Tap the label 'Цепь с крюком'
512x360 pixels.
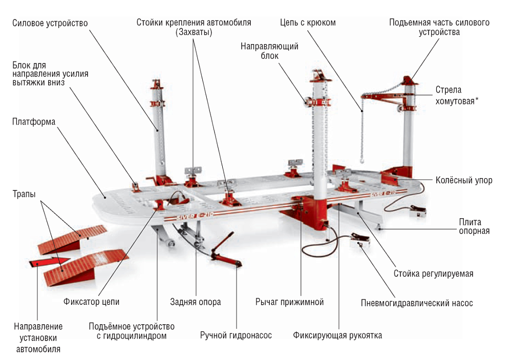click(x=308, y=23)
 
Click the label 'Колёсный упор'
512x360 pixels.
click(x=464, y=180)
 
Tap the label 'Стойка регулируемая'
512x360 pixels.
click(x=433, y=273)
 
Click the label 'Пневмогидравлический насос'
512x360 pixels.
click(x=417, y=303)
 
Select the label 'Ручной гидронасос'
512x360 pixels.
click(x=236, y=335)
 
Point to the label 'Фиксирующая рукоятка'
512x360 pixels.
click(x=337, y=335)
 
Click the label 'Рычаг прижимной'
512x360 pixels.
click(x=289, y=302)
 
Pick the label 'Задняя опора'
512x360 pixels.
click(x=196, y=302)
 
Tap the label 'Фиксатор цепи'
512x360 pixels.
click(x=92, y=302)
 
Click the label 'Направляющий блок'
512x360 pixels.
click(x=269, y=51)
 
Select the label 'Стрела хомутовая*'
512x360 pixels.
click(x=457, y=95)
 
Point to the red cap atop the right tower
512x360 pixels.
click(x=408, y=80)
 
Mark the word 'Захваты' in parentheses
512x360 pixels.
click(x=194, y=32)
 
